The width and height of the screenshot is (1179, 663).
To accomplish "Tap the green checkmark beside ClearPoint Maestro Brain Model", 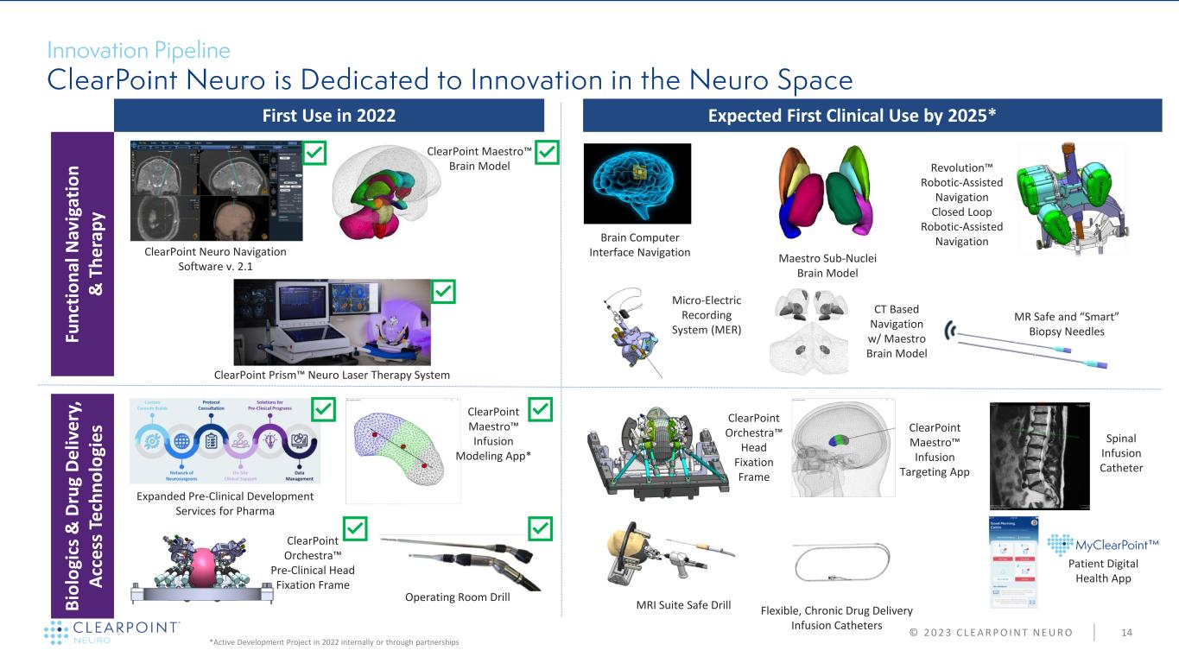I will tap(548, 154).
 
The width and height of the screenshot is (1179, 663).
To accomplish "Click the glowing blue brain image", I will tap(637, 183).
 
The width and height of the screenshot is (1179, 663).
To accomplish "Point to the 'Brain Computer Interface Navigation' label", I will tap(640, 245).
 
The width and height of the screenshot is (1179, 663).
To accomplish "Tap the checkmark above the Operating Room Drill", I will tap(541, 527).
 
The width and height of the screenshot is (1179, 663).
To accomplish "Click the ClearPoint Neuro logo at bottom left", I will tap(112, 631).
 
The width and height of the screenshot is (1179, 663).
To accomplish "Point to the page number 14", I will tap(1126, 633).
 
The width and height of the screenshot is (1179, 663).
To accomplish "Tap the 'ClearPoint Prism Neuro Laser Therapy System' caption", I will tap(332, 374).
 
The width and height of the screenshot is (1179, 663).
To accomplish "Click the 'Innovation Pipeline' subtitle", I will tap(138, 50).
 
